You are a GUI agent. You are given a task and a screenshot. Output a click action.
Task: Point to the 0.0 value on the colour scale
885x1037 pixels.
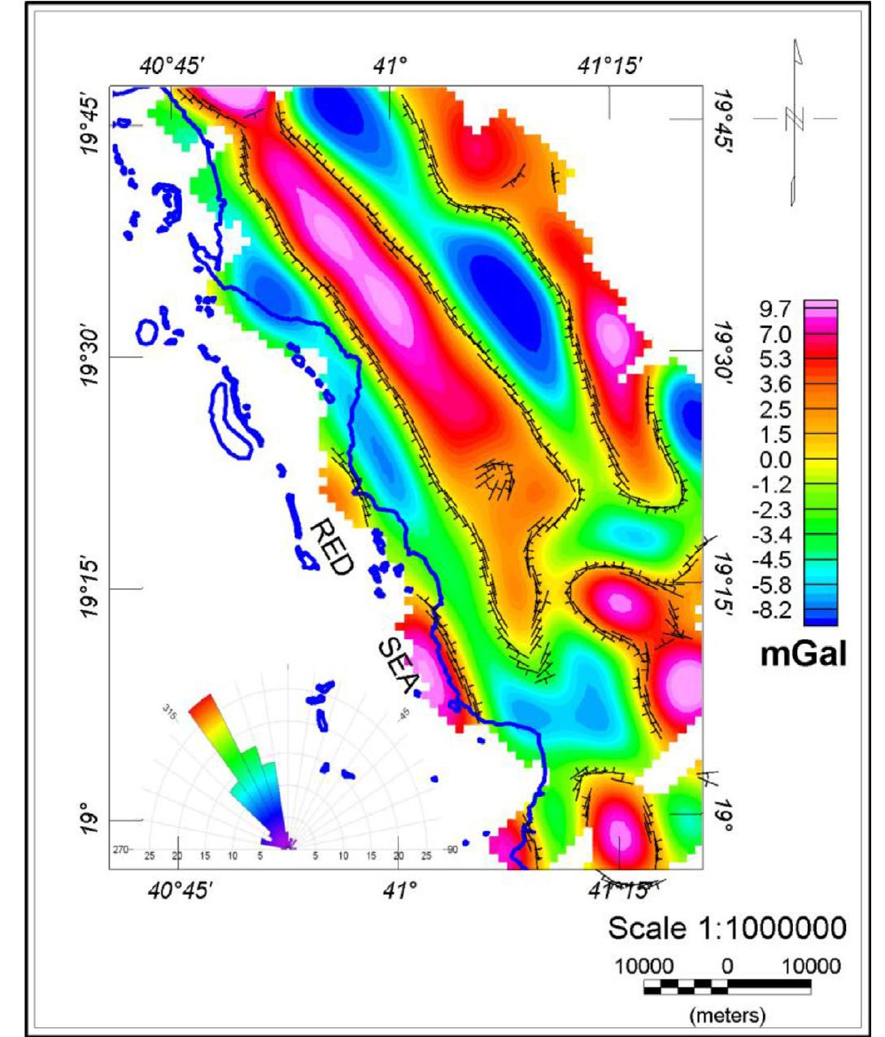click(x=776, y=460)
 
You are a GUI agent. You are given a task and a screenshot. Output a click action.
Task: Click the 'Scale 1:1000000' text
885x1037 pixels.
click(x=726, y=928)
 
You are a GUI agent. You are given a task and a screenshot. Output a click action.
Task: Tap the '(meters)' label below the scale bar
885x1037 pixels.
click(x=727, y=1015)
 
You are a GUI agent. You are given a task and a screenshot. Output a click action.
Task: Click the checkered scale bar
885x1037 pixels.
click(x=727, y=987)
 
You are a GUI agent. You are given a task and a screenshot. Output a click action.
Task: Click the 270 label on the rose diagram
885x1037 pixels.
click(x=121, y=849)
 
